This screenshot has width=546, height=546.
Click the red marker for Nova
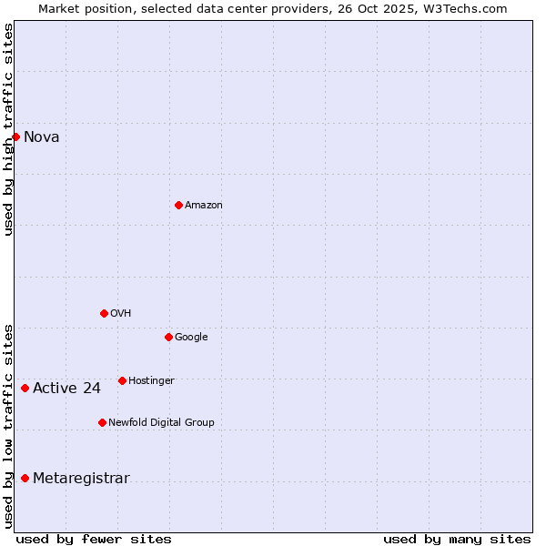[x=15, y=136]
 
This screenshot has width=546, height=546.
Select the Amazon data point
[x=178, y=205]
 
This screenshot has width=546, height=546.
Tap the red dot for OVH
[x=104, y=313]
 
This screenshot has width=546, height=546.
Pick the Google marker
[x=168, y=337]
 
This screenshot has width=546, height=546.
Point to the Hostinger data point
[x=122, y=380]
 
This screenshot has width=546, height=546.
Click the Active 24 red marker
[x=25, y=388]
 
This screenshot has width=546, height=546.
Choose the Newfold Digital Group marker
[x=102, y=422]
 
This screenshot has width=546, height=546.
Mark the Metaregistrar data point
[x=25, y=478]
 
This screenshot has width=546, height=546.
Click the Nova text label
[x=42, y=137]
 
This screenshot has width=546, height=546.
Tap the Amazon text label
[x=204, y=206]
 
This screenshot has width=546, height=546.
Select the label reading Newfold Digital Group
[x=161, y=422]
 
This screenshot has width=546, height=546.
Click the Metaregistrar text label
[x=81, y=479]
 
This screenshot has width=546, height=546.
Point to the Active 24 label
[x=66, y=389]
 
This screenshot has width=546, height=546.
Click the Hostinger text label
[x=151, y=380]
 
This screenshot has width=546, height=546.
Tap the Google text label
[x=191, y=338]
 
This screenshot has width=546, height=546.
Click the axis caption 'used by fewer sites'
[x=94, y=539]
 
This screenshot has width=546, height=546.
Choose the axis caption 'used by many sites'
[x=457, y=539]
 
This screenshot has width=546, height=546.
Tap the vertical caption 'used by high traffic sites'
[x=8, y=129]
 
